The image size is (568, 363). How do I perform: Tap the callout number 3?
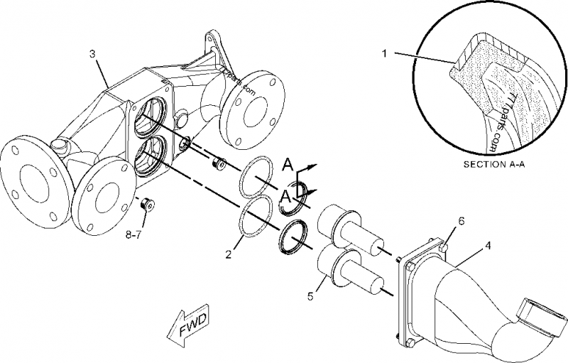[92, 54]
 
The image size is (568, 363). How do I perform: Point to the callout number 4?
[488, 246]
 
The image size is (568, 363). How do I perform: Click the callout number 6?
[461, 222]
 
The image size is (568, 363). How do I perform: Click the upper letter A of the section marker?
[287, 166]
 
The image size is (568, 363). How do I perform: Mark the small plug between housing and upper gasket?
[220, 163]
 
